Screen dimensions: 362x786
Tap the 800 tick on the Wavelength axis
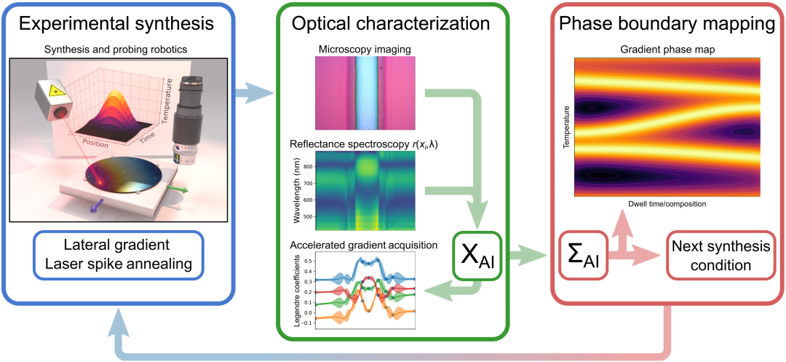point(309,167)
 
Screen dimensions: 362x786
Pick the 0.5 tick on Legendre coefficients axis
point(309,260)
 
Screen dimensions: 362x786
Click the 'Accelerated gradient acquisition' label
point(363,245)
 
